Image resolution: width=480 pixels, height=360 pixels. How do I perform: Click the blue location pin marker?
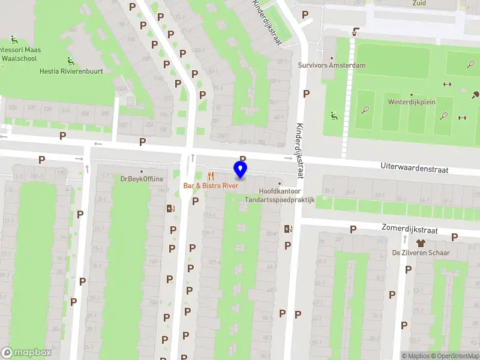[240, 170]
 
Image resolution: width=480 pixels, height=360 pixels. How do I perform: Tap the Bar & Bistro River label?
[211, 186]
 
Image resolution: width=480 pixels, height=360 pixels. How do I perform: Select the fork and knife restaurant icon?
[210, 176]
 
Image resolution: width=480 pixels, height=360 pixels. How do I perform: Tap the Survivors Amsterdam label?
[332, 65]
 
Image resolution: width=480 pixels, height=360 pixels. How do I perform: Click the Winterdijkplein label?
[411, 102]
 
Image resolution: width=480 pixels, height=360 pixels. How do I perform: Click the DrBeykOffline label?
[142, 179]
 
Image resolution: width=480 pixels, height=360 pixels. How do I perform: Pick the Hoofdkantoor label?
[279, 191]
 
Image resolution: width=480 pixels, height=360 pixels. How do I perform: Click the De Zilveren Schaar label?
[421, 253]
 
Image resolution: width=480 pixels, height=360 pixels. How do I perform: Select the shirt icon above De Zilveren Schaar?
[421, 243]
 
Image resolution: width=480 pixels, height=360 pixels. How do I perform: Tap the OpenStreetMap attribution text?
[455, 356]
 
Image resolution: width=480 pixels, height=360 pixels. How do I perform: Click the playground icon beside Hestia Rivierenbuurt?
[71, 61]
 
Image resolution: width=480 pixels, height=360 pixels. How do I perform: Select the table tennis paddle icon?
[475, 94]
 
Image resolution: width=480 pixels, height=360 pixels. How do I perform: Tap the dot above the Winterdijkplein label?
[411, 95]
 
